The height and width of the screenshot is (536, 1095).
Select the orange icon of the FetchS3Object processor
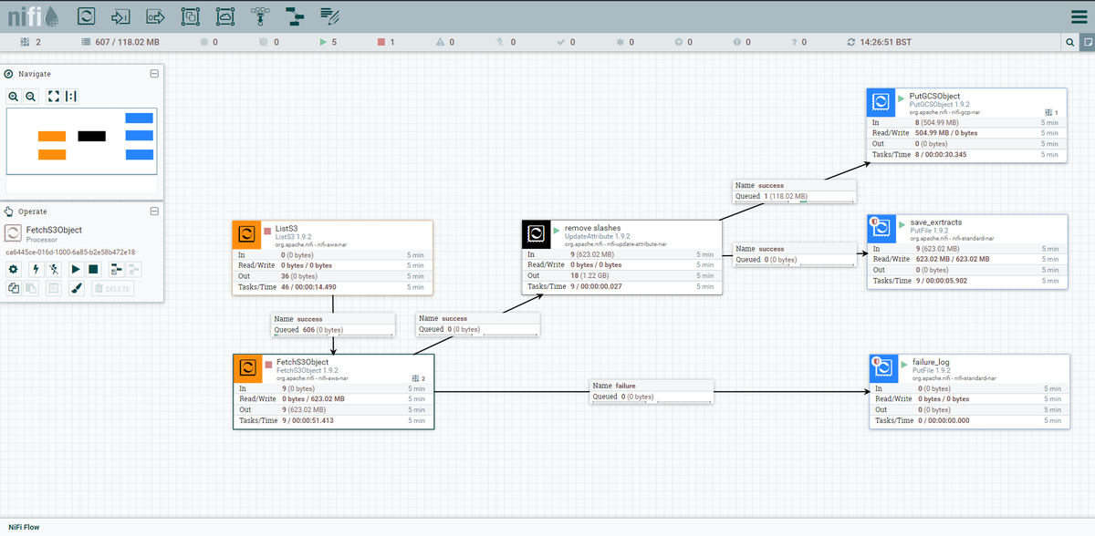[246, 367]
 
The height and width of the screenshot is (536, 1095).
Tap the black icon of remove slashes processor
[535, 234]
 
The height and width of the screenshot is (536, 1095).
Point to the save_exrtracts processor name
[935, 222]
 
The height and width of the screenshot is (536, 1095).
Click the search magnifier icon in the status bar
[1069, 42]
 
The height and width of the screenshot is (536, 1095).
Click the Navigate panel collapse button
[154, 74]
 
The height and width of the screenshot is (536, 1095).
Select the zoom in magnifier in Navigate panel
[14, 96]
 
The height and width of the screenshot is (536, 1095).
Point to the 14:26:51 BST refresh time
[885, 42]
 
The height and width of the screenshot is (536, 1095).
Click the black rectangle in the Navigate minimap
[92, 137]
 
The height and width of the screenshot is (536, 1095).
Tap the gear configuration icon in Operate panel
[14, 269]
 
